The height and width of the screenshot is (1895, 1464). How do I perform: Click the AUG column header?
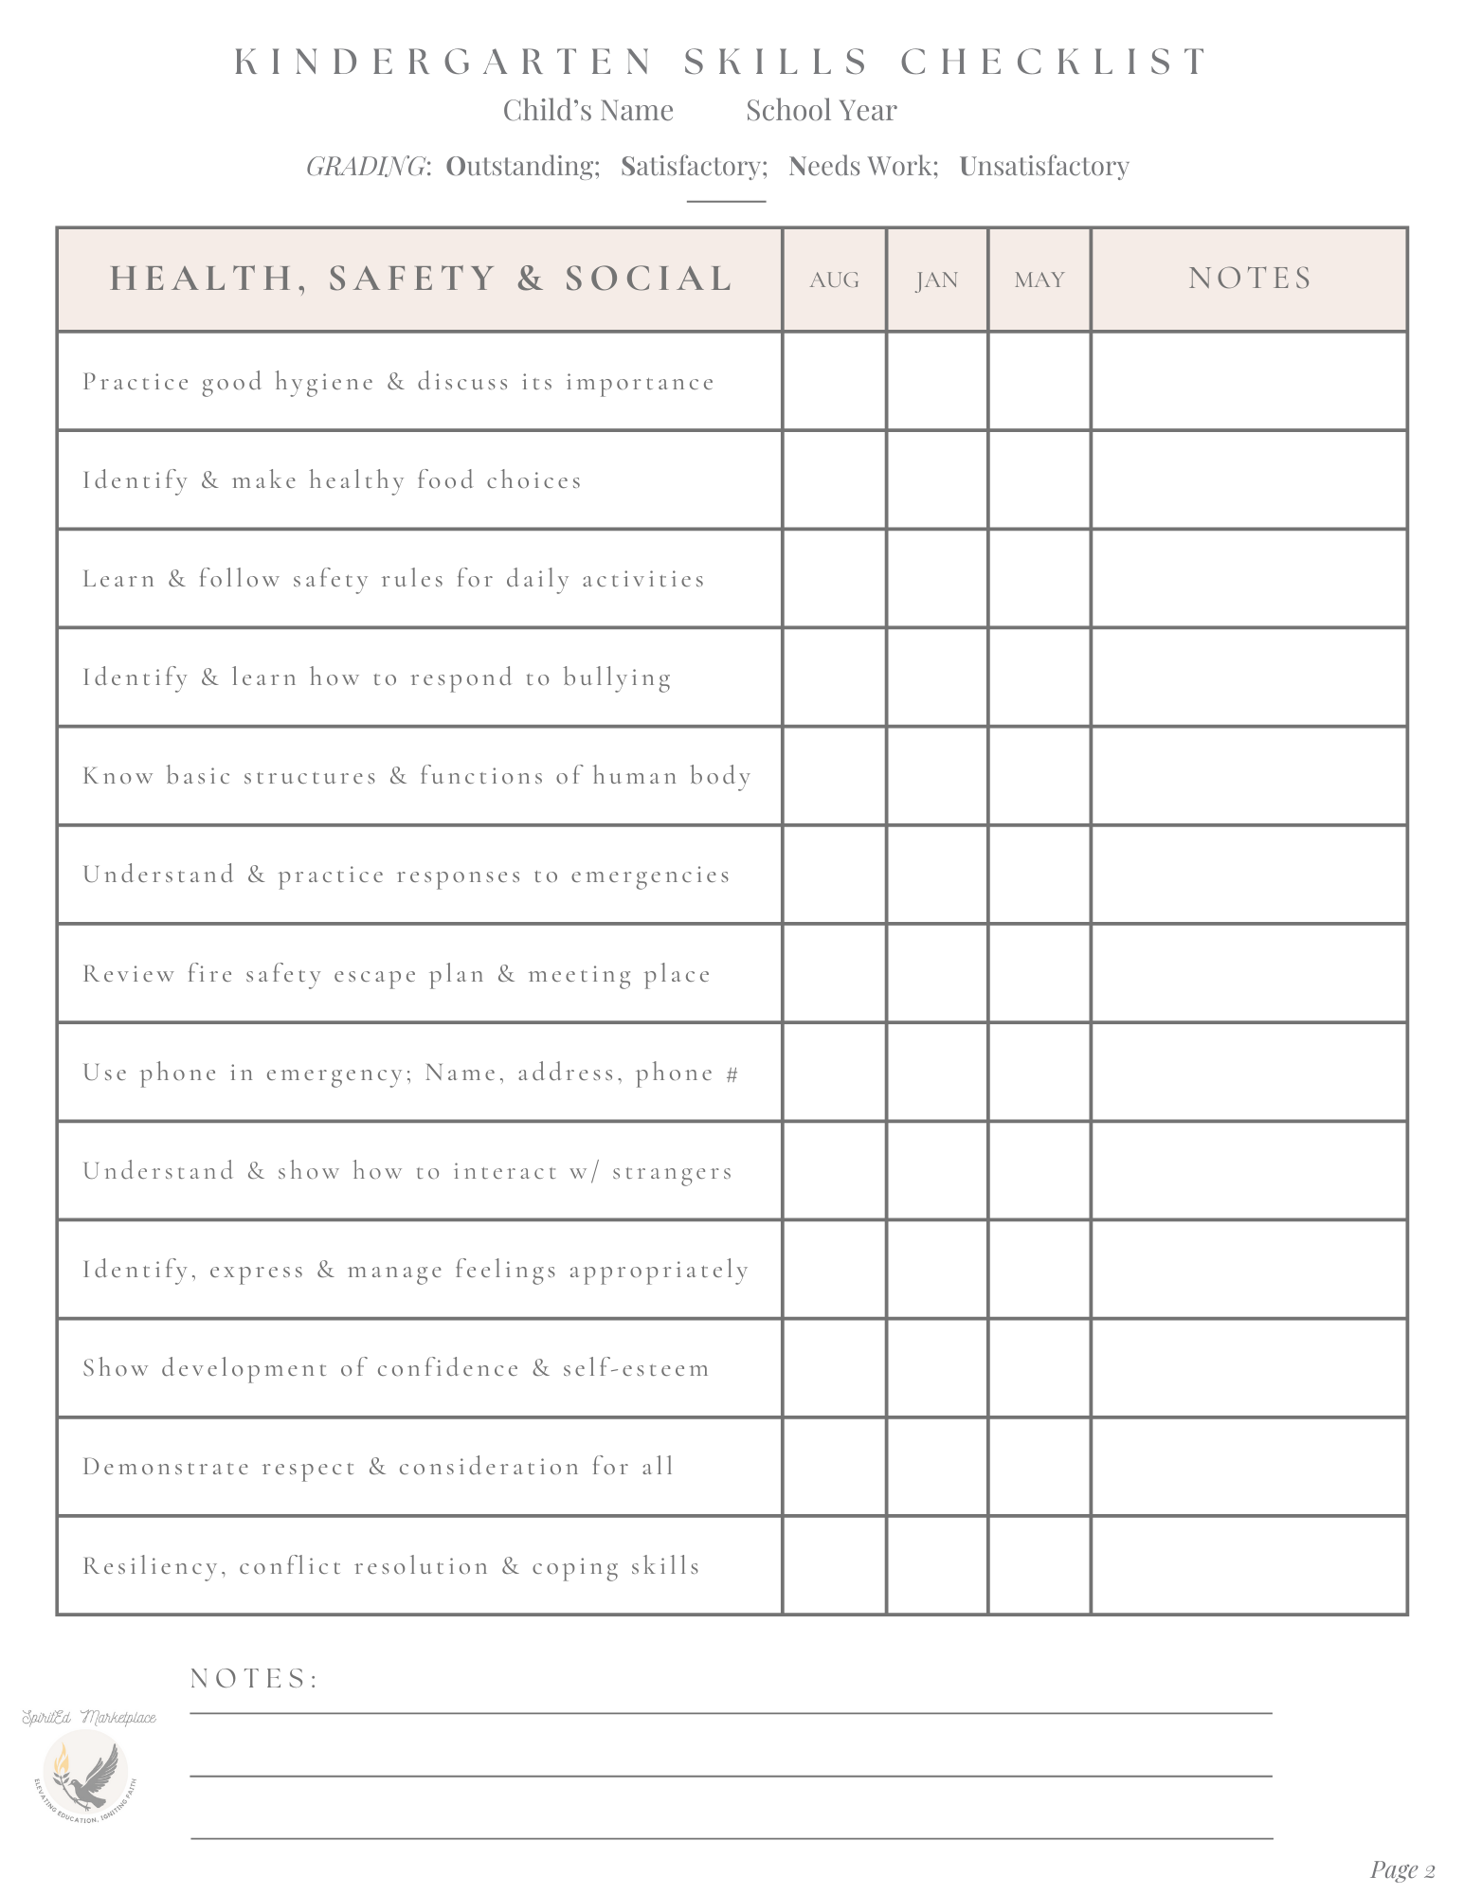point(834,280)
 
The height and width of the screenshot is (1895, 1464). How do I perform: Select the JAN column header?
point(936,280)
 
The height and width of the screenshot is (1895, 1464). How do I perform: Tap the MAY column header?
point(1039,280)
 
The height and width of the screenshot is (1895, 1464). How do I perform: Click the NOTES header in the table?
point(1250,278)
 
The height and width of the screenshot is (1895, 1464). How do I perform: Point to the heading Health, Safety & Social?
point(422,278)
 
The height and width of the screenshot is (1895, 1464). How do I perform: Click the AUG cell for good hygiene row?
point(834,382)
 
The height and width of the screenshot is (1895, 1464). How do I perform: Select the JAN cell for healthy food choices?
point(936,480)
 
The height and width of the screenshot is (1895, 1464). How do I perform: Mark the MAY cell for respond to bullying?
point(1039,677)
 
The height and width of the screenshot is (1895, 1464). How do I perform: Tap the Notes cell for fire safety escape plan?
point(1250,973)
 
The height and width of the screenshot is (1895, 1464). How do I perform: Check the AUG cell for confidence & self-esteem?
point(834,1368)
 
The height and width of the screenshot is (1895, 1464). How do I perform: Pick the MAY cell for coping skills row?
point(1039,1565)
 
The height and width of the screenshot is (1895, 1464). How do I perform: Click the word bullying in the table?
point(617,678)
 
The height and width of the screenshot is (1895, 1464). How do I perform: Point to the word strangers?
point(672,1172)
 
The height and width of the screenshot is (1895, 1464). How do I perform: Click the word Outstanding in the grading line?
point(522,166)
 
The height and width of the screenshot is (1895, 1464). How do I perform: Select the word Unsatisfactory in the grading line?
point(1044,166)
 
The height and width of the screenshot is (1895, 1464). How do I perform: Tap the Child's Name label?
point(587,111)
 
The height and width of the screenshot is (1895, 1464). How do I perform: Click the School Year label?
point(821,111)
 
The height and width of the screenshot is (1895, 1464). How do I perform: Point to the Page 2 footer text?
point(1402,1868)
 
